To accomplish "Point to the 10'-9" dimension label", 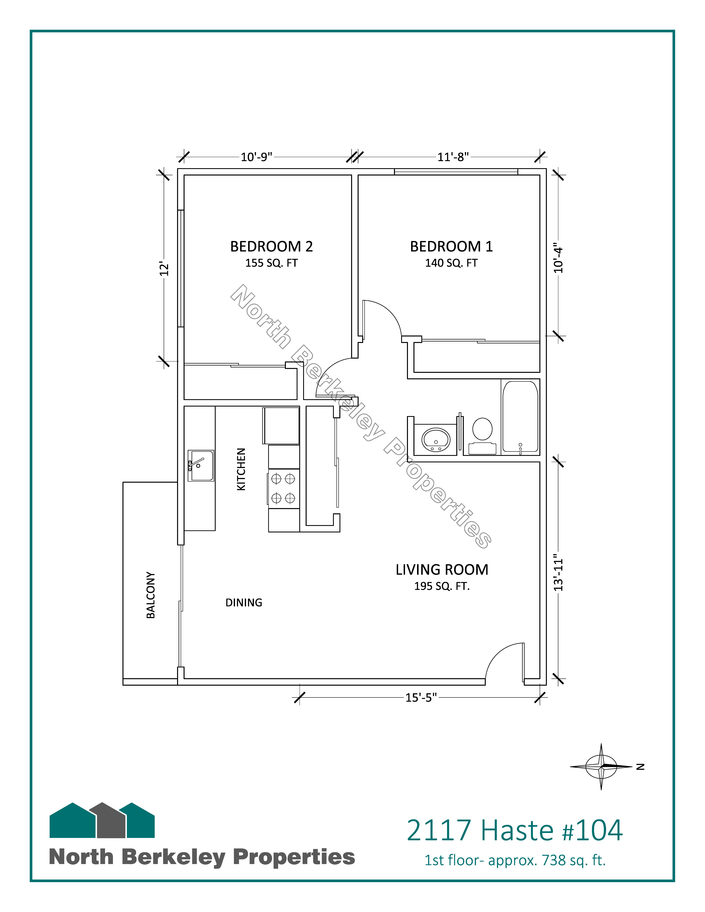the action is (x=256, y=157).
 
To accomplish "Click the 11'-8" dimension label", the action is (x=453, y=157).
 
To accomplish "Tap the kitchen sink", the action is (x=201, y=466).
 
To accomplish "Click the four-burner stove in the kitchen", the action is (x=284, y=489).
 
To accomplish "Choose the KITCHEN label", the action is (x=241, y=469).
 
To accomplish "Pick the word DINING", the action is (x=244, y=603).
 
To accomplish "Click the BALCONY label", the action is (x=151, y=595).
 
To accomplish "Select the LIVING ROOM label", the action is (x=442, y=570).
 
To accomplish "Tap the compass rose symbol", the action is (x=601, y=766).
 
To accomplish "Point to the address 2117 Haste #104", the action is (x=515, y=830).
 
